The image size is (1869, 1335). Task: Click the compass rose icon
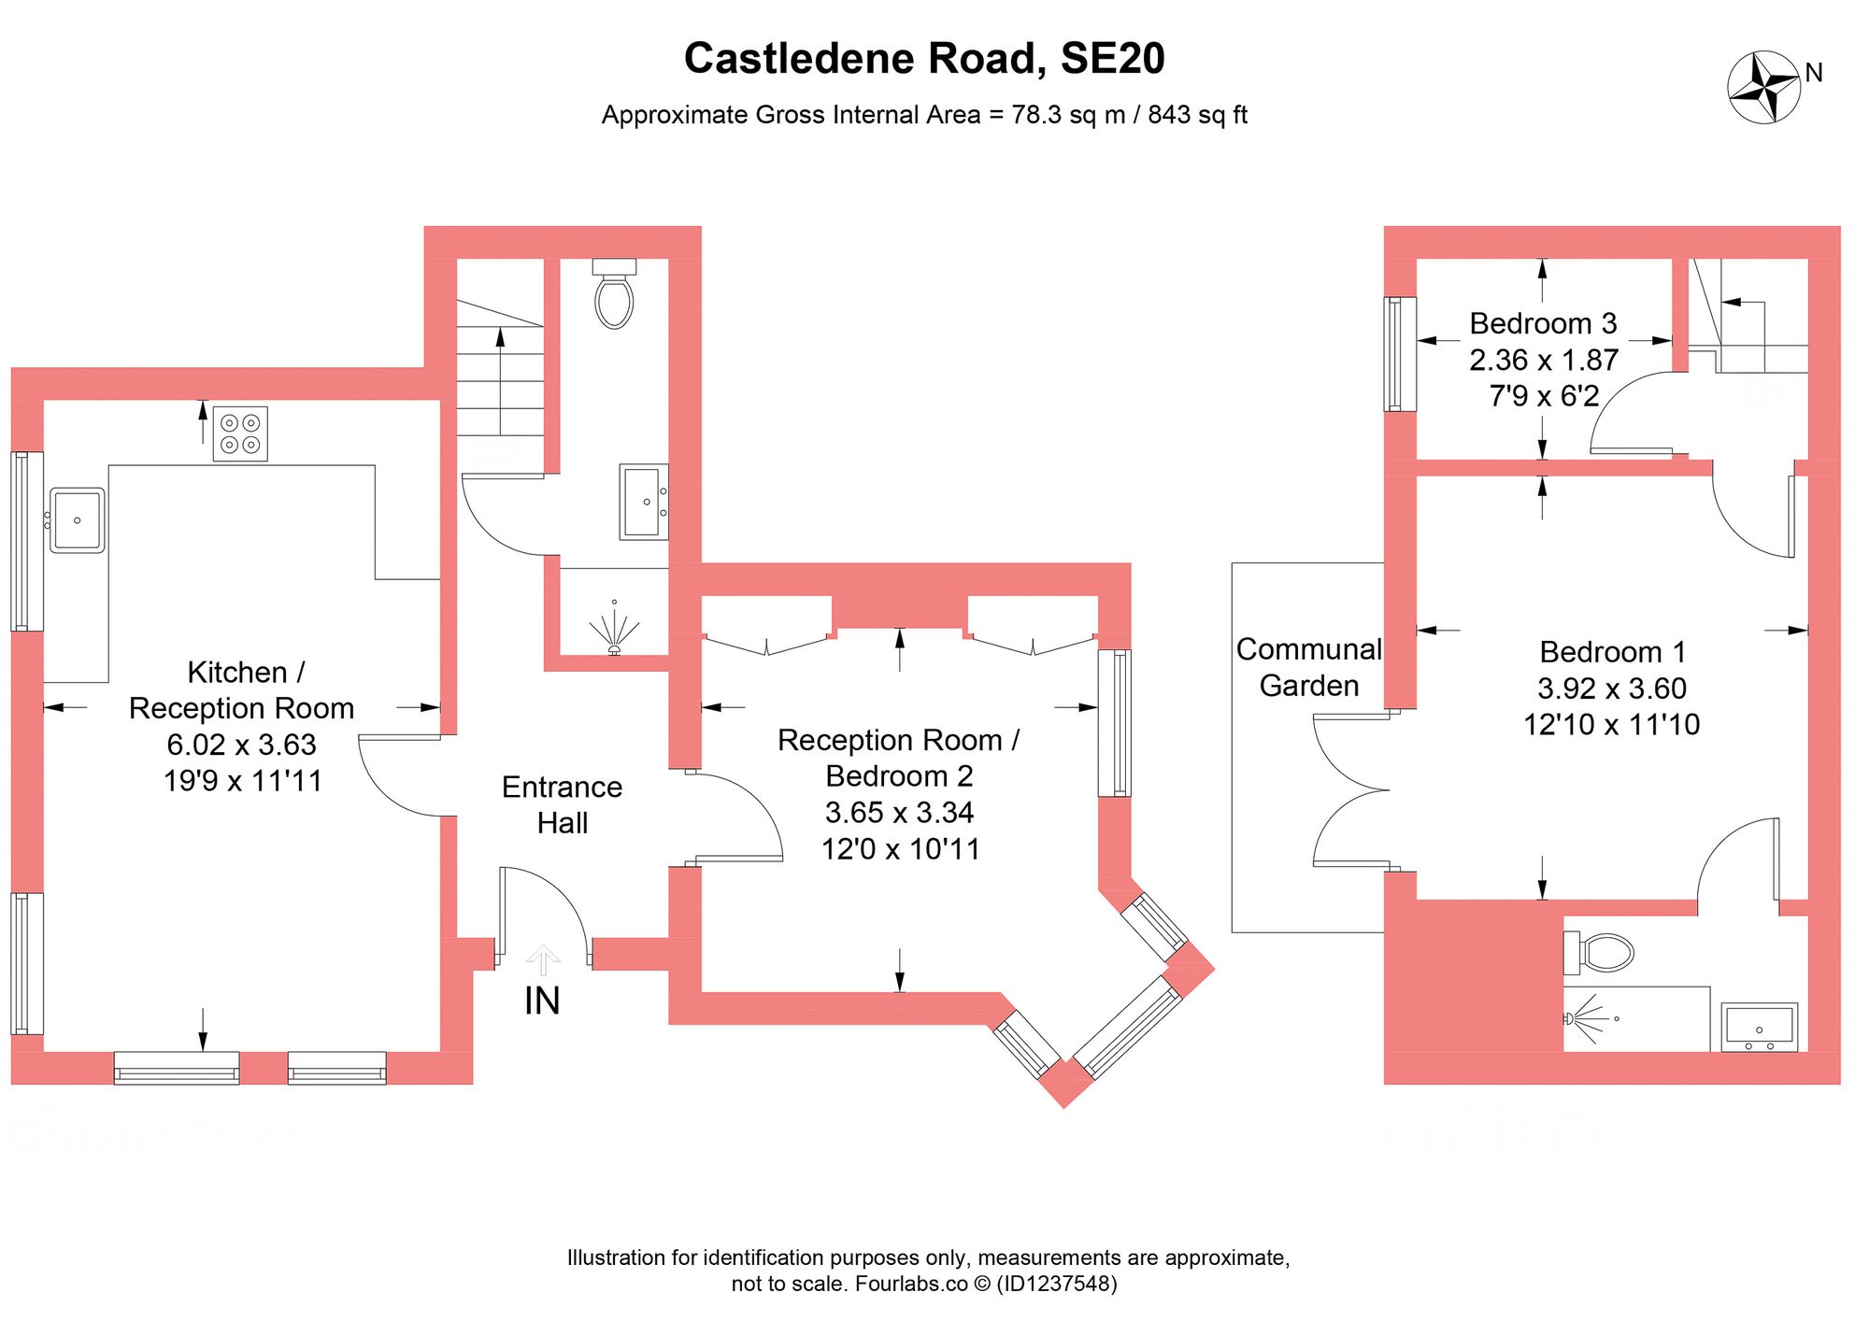coord(1763,88)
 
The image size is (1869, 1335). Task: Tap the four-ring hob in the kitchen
coord(240,433)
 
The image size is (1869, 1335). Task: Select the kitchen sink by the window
coord(77,520)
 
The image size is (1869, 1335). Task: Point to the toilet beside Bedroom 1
coord(1601,952)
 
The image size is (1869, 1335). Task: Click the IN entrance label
coord(542,1001)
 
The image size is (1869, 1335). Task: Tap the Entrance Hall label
coord(562,804)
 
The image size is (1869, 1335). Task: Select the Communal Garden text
coord(1308,667)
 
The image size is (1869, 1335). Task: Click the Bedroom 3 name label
coord(1542,323)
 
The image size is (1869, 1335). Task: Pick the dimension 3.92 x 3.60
coord(1611,689)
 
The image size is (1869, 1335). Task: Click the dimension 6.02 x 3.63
coord(241,745)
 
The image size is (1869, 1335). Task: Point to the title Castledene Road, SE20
coord(924,58)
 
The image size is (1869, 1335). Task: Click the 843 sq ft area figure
coord(1197,115)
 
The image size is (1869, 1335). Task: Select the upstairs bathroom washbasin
coord(1759,1026)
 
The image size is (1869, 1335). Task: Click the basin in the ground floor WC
coord(643,502)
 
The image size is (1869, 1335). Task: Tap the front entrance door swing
coord(542,911)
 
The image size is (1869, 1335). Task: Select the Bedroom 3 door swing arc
coord(1626,411)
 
